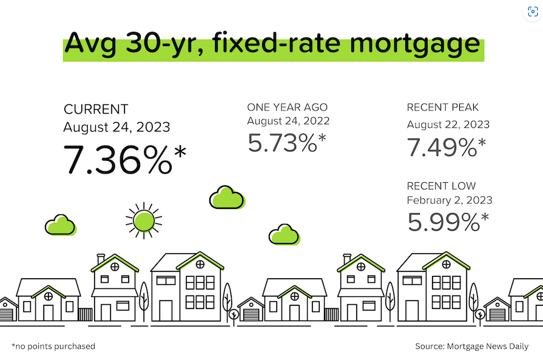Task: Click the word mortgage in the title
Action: pos(415,45)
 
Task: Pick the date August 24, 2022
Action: pos(288,121)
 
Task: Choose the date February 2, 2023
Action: pos(450,200)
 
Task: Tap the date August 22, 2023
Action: pos(448,124)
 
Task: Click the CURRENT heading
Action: pos(96,109)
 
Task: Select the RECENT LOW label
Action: pos(441,186)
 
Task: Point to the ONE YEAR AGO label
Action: pos(287,107)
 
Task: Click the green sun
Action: pos(144,221)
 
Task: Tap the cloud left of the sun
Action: pos(61,225)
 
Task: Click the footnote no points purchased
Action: pos(53,346)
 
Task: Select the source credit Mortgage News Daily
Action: pos(471,346)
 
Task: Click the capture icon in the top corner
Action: pos(533,12)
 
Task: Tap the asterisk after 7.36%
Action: pos(180,152)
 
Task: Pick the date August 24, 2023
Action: pos(116,127)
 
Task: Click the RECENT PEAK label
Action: pos(442,107)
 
